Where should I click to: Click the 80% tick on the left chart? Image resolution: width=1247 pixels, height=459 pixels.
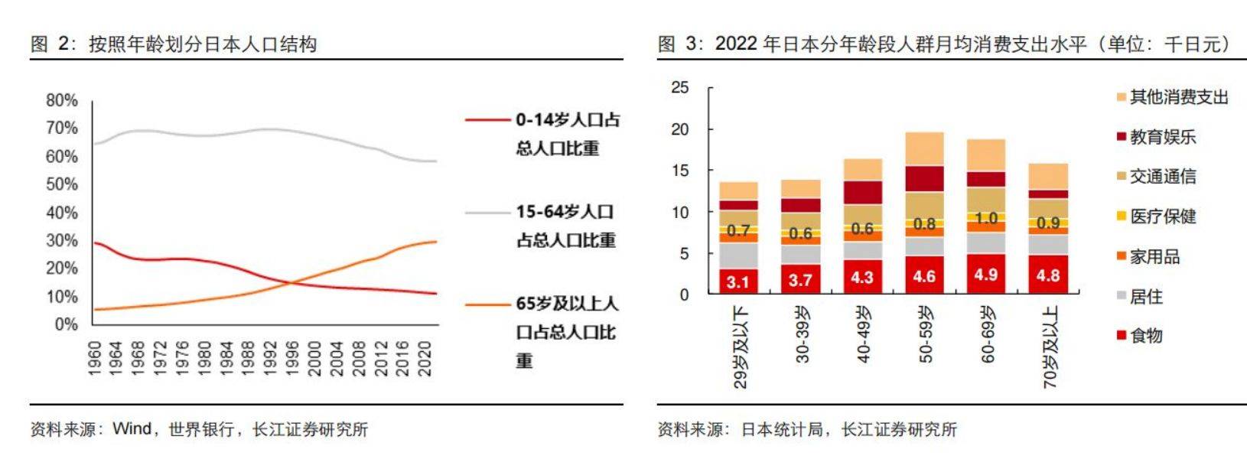click(62, 100)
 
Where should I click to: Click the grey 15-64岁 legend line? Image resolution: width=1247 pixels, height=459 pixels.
click(489, 212)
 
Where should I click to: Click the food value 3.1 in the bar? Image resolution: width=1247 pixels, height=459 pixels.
click(738, 282)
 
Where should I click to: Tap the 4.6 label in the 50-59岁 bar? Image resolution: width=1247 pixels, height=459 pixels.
click(924, 276)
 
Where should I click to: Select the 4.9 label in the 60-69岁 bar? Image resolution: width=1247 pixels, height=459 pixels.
click(986, 275)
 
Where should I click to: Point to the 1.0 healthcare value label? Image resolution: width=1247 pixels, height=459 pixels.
click(986, 218)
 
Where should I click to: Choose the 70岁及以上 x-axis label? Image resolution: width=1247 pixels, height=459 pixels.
click(1050, 347)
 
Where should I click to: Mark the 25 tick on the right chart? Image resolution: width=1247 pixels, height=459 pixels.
click(679, 88)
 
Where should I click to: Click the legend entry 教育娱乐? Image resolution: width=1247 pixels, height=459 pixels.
click(1162, 137)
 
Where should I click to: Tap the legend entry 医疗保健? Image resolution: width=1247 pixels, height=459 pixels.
click(1162, 216)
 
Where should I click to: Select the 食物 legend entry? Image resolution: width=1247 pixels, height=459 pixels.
click(1146, 335)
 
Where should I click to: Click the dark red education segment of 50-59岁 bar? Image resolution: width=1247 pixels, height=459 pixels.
click(924, 178)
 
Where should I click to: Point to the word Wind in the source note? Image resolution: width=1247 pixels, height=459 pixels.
click(132, 429)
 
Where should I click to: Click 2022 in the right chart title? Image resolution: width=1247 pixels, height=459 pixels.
click(736, 44)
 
